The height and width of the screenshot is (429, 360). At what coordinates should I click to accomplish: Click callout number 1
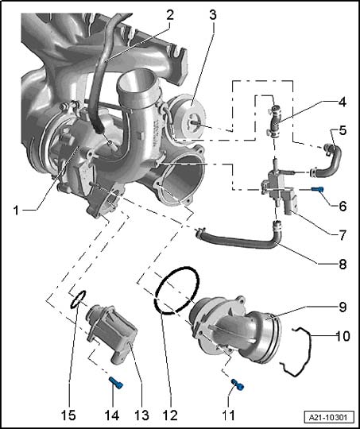16,211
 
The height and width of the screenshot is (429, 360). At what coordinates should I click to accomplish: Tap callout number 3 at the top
213,15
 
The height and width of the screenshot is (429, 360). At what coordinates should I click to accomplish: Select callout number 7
342,235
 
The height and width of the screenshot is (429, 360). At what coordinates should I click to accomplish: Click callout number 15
68,415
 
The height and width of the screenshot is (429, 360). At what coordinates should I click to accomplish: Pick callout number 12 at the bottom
170,415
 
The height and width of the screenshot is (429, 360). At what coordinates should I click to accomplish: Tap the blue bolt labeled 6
318,189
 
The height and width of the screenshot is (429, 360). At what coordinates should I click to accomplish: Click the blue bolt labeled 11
238,385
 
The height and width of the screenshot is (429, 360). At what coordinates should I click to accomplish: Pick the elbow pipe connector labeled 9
235,327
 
